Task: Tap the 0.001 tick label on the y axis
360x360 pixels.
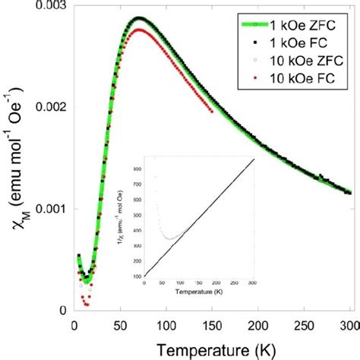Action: [48, 209]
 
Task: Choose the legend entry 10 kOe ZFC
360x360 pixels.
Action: [302, 59]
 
